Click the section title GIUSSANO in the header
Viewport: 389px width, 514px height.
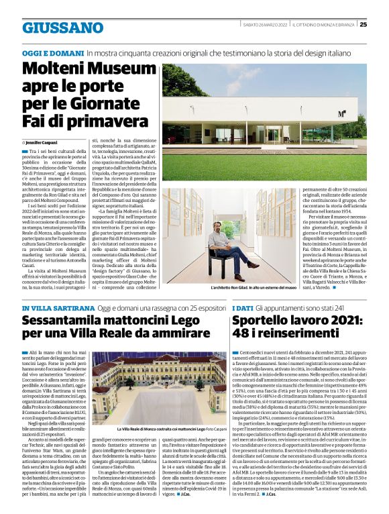click(62, 28)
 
